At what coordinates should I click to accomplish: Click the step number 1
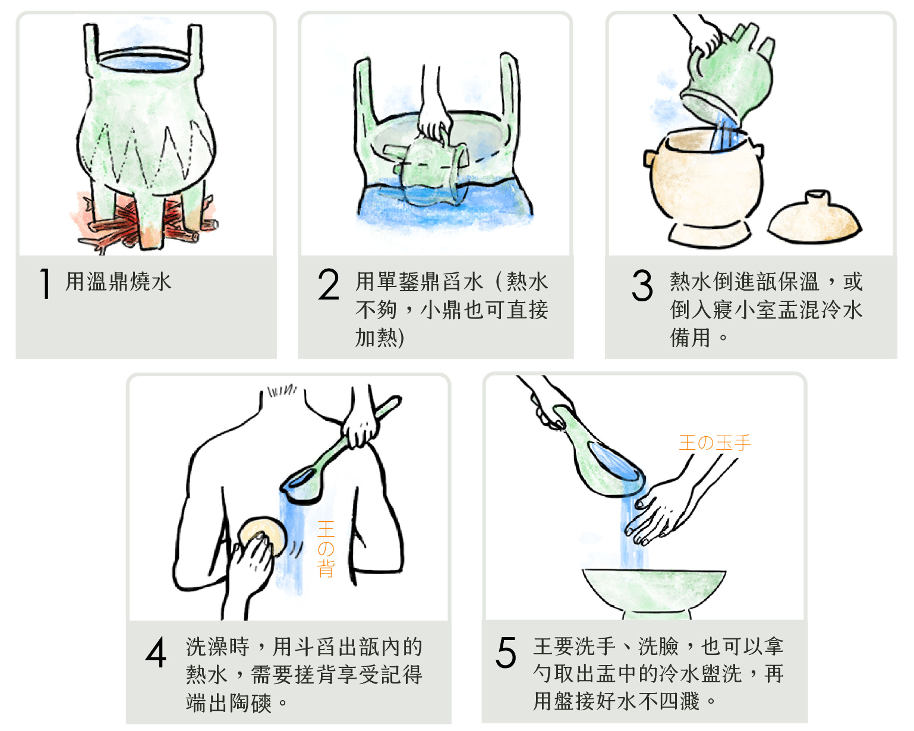[x=45, y=283]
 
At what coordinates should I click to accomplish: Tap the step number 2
[x=329, y=283]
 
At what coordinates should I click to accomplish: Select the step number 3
[x=642, y=285]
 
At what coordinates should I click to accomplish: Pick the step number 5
[x=505, y=652]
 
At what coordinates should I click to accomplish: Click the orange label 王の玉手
[x=715, y=443]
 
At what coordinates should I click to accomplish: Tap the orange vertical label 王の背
[x=326, y=549]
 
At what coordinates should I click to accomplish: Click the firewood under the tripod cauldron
[x=144, y=223]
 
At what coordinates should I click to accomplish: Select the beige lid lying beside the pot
[x=814, y=218]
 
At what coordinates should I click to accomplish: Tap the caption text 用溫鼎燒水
[x=118, y=281]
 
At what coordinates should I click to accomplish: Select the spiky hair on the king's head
[x=281, y=390]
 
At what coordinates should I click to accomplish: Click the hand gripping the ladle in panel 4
[x=361, y=429]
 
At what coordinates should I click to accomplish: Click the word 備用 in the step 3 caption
[x=690, y=338]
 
